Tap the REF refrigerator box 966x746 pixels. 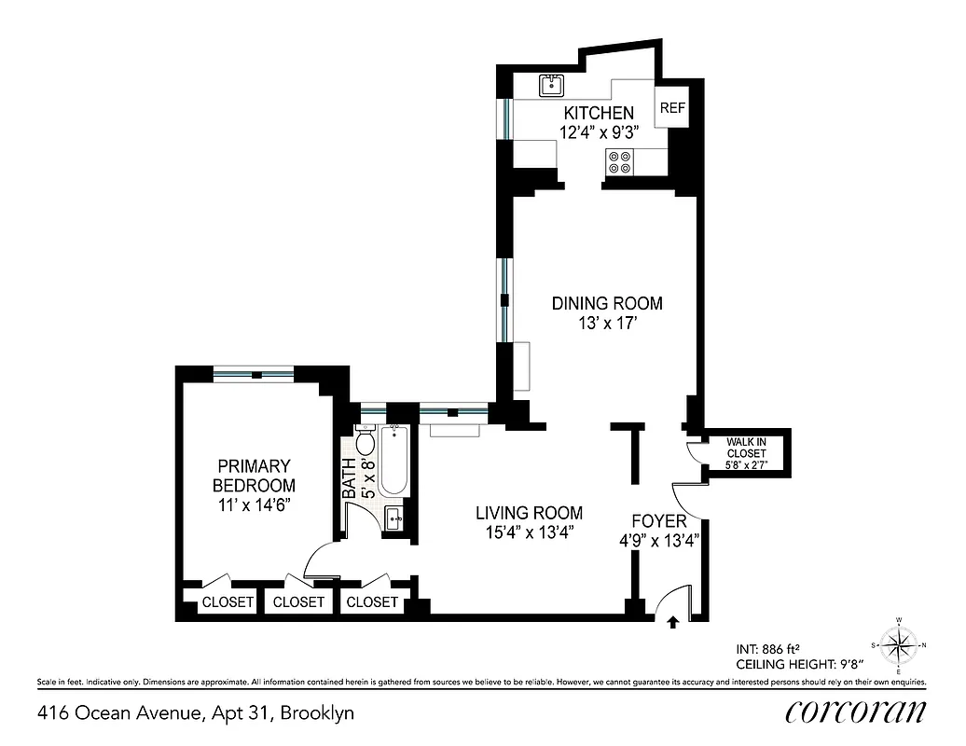click(x=672, y=108)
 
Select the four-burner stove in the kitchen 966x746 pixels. click(x=620, y=162)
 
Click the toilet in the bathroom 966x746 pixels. click(x=365, y=443)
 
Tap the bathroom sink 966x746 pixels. click(x=393, y=518)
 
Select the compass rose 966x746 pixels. click(x=899, y=644)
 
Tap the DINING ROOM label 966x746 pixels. click(x=607, y=303)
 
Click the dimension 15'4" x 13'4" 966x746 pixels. click(x=529, y=533)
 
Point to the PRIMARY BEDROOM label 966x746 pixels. click(x=254, y=476)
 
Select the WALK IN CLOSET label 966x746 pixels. click(x=747, y=448)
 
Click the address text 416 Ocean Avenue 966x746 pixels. click(x=118, y=714)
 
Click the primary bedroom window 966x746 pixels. click(x=254, y=375)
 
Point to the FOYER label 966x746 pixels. click(x=659, y=521)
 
